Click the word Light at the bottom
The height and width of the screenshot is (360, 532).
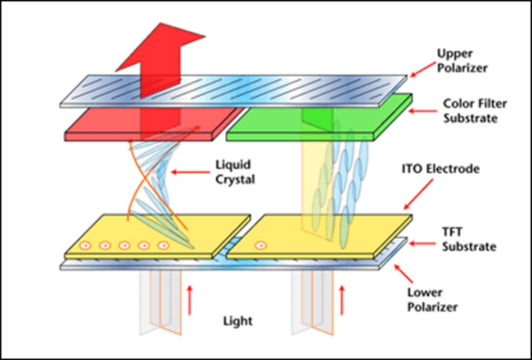237,320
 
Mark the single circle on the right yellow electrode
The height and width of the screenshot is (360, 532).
261,247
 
